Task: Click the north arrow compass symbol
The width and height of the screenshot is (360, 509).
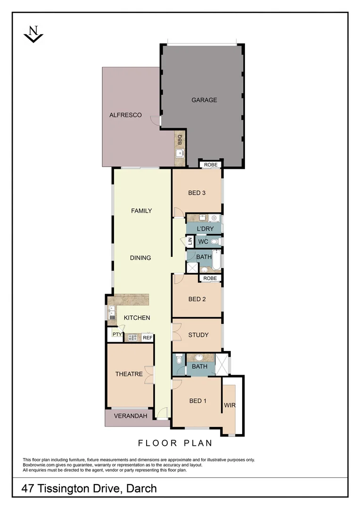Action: click(33, 34)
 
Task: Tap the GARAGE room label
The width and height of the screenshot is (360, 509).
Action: click(204, 100)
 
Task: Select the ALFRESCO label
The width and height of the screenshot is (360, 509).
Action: click(125, 115)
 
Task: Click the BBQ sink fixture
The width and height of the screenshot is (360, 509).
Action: click(180, 153)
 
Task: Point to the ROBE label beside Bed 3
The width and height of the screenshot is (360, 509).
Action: click(210, 165)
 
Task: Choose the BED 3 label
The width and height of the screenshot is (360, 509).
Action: click(197, 192)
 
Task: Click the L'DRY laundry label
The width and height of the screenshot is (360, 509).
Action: click(205, 229)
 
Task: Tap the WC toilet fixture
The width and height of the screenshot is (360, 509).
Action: click(215, 241)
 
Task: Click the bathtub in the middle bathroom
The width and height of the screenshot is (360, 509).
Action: click(216, 261)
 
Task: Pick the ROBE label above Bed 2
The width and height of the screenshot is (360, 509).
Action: click(210, 279)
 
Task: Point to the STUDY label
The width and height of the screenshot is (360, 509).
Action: click(198, 335)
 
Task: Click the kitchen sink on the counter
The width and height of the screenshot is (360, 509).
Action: click(112, 312)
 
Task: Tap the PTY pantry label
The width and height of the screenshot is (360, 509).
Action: click(116, 335)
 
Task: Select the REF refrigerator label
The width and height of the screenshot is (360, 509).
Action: click(147, 337)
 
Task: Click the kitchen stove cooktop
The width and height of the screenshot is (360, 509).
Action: click(132, 337)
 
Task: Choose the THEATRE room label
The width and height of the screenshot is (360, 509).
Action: click(129, 374)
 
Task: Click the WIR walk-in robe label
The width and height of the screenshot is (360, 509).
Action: click(229, 405)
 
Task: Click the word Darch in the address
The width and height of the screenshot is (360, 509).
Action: click(141, 489)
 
